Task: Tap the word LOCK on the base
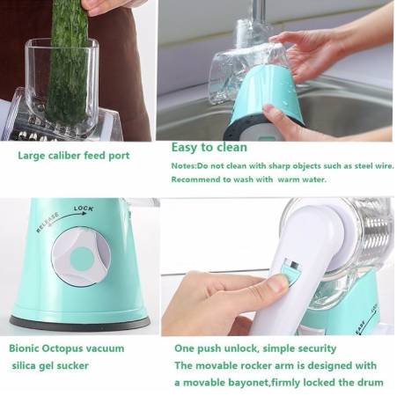(x=84, y=209)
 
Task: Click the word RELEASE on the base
(x=48, y=221)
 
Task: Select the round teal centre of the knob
(x=82, y=258)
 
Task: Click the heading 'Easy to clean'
(x=210, y=147)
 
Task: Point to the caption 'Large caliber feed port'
(x=74, y=156)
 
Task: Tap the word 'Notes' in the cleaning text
(x=182, y=165)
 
